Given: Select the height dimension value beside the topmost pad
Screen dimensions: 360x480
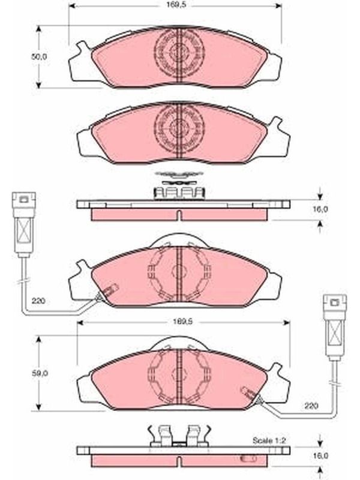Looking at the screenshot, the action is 39,56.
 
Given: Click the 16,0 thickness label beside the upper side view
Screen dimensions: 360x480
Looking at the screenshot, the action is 320,209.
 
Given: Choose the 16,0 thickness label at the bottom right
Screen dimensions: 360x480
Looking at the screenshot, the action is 320,455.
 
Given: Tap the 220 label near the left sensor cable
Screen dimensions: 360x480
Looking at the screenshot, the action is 38,301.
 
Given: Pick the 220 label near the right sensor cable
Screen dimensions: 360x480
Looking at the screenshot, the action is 311,406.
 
